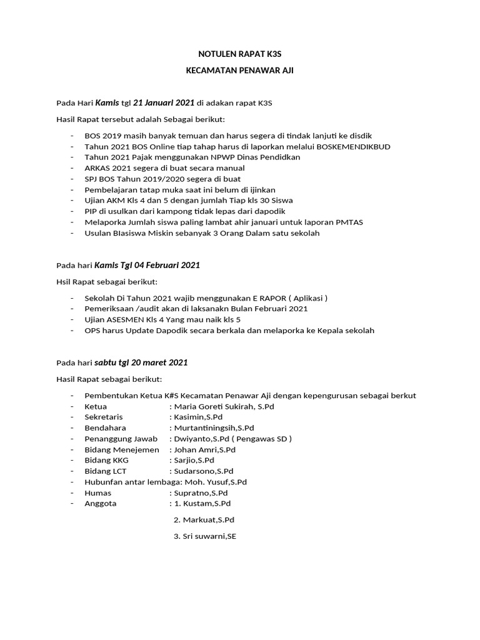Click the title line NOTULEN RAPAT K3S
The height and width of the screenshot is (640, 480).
[239, 55]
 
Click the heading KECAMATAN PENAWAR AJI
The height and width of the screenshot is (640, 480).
[239, 71]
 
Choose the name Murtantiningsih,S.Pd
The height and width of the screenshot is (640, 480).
[214, 428]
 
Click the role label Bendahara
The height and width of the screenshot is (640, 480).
[105, 428]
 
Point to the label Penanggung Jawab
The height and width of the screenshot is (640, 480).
[121, 439]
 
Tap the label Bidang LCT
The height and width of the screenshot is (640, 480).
[106, 471]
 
